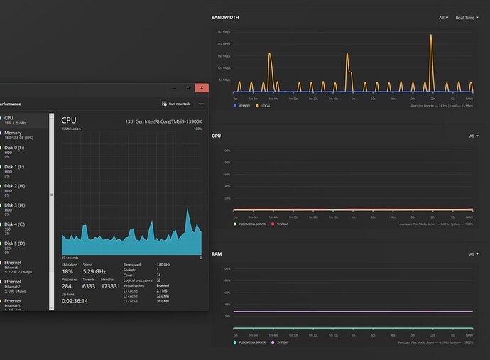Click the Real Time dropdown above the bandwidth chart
(x=466, y=18)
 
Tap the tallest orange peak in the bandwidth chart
(x=431, y=36)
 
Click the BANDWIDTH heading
(x=226, y=17)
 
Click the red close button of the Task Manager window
(x=202, y=88)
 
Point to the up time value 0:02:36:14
(x=75, y=301)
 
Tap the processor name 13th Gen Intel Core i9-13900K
(x=163, y=121)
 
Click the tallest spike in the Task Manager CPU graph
(x=187, y=210)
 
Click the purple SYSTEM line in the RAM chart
(x=355, y=311)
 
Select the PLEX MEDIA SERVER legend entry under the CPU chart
(x=252, y=224)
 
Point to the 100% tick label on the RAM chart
(x=227, y=269)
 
